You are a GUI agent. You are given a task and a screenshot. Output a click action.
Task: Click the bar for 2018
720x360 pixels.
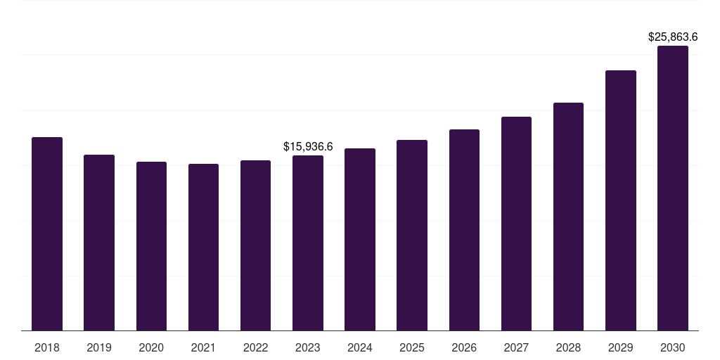click(x=47, y=233)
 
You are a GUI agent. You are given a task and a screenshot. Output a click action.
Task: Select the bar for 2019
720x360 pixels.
click(x=99, y=243)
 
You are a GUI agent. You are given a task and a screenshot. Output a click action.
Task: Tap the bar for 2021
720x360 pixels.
click(x=203, y=247)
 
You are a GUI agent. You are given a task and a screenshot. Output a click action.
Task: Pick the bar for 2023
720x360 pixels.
click(x=308, y=243)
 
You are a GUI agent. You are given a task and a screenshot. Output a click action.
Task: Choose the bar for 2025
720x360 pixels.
click(x=412, y=235)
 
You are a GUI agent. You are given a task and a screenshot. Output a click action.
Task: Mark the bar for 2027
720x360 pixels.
click(x=516, y=224)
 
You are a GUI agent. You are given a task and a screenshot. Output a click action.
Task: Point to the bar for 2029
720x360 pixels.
click(x=621, y=200)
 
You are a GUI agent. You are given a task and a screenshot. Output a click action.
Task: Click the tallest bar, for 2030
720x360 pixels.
click(x=673, y=188)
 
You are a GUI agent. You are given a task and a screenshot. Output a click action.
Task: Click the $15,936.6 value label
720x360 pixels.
click(x=308, y=146)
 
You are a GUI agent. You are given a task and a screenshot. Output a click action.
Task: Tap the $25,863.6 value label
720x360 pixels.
click(x=673, y=37)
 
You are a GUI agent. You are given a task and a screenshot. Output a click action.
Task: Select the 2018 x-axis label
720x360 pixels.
click(x=47, y=347)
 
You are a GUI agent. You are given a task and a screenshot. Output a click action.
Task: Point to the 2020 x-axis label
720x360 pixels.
click(x=151, y=347)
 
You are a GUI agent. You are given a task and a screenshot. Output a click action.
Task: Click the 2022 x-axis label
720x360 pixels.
click(x=255, y=347)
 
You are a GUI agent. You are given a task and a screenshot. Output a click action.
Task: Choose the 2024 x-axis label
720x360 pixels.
click(x=360, y=347)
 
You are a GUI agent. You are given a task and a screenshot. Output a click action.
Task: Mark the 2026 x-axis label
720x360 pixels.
click(x=464, y=347)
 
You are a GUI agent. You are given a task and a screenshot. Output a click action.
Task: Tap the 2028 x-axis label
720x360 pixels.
click(x=568, y=347)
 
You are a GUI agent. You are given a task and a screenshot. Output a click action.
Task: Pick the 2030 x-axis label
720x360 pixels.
click(x=673, y=347)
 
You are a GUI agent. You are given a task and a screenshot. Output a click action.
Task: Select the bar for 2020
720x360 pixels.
click(x=151, y=246)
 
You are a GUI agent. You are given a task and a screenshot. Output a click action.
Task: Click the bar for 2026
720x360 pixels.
click(x=464, y=230)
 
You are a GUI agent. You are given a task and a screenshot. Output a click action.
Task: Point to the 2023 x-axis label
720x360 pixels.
click(x=308, y=347)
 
